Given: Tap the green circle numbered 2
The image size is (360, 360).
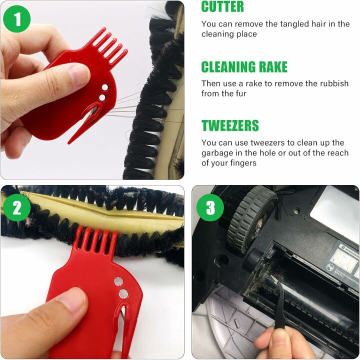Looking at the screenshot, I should [17, 207].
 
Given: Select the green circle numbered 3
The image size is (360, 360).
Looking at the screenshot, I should [210, 207].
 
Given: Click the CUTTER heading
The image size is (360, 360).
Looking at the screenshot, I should [222, 7].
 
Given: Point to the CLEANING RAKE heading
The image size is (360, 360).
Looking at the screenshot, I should [244, 66].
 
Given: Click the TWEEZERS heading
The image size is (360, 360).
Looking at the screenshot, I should [230, 125].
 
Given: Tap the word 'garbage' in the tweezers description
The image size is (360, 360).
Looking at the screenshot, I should [218, 152].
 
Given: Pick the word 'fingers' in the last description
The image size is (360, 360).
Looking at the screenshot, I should [242, 163].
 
